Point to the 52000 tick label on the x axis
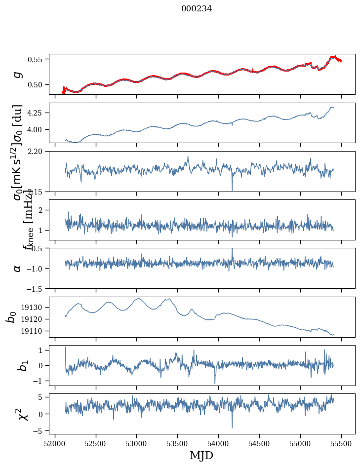[x=55, y=442]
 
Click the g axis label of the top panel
[x=18, y=74]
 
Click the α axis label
[x=18, y=268]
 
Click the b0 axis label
[x=11, y=317]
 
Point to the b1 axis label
[x=11, y=365]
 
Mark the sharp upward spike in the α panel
[x=232, y=250]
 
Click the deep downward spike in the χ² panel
[x=232, y=427]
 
